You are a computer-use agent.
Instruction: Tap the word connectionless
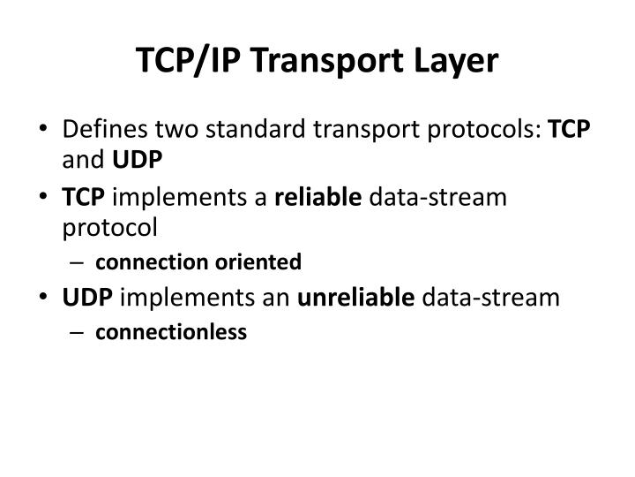click(171, 332)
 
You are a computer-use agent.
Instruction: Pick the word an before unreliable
click(279, 297)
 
